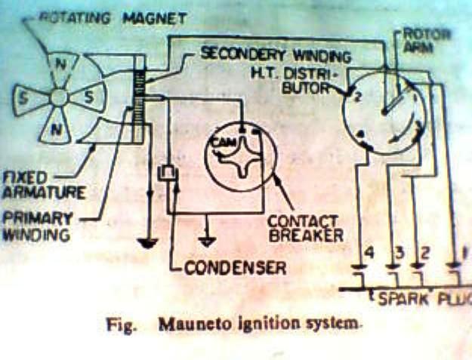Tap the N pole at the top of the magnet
[x=61, y=65]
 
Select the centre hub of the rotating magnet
[x=60, y=97]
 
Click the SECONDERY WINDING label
[x=275, y=56]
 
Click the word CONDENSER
[x=235, y=267]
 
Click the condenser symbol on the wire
[x=166, y=174]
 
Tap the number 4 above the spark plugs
[x=368, y=252]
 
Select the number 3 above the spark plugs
[x=400, y=252]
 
